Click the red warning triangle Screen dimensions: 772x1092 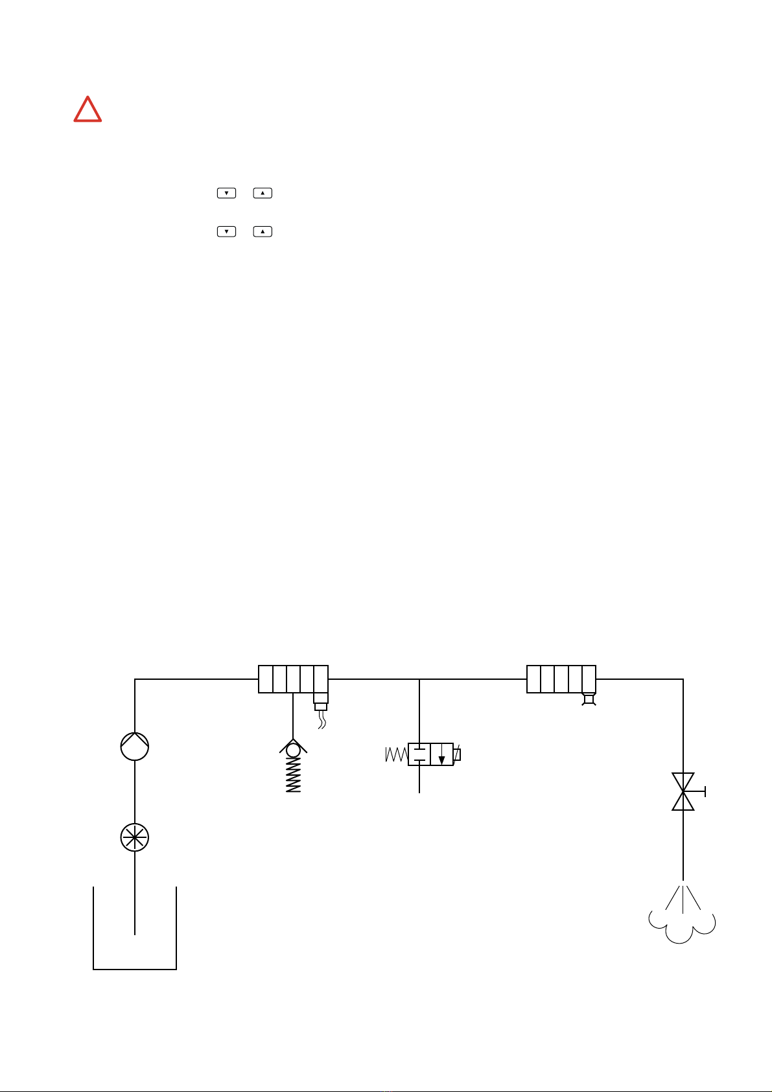(88, 110)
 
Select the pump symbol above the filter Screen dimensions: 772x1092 (135, 746)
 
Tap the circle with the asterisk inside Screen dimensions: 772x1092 (135, 838)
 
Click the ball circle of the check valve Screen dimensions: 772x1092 (294, 750)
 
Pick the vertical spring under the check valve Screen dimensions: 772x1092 (294, 775)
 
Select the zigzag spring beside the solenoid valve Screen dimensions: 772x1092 (395, 754)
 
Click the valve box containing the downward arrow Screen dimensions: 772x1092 (441, 754)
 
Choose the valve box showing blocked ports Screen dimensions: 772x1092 (419, 754)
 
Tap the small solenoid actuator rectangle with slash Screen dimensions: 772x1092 (457, 754)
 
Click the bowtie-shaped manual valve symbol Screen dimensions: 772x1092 (683, 791)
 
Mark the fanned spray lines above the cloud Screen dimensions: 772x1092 (683, 898)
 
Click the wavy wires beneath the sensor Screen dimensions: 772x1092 (321, 719)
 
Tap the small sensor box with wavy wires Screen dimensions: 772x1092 (321, 703)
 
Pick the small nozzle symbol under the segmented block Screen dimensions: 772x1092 (589, 699)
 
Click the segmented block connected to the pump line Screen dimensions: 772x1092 (293, 679)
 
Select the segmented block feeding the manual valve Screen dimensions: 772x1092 (561, 679)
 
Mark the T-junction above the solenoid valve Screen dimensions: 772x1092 (420, 679)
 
